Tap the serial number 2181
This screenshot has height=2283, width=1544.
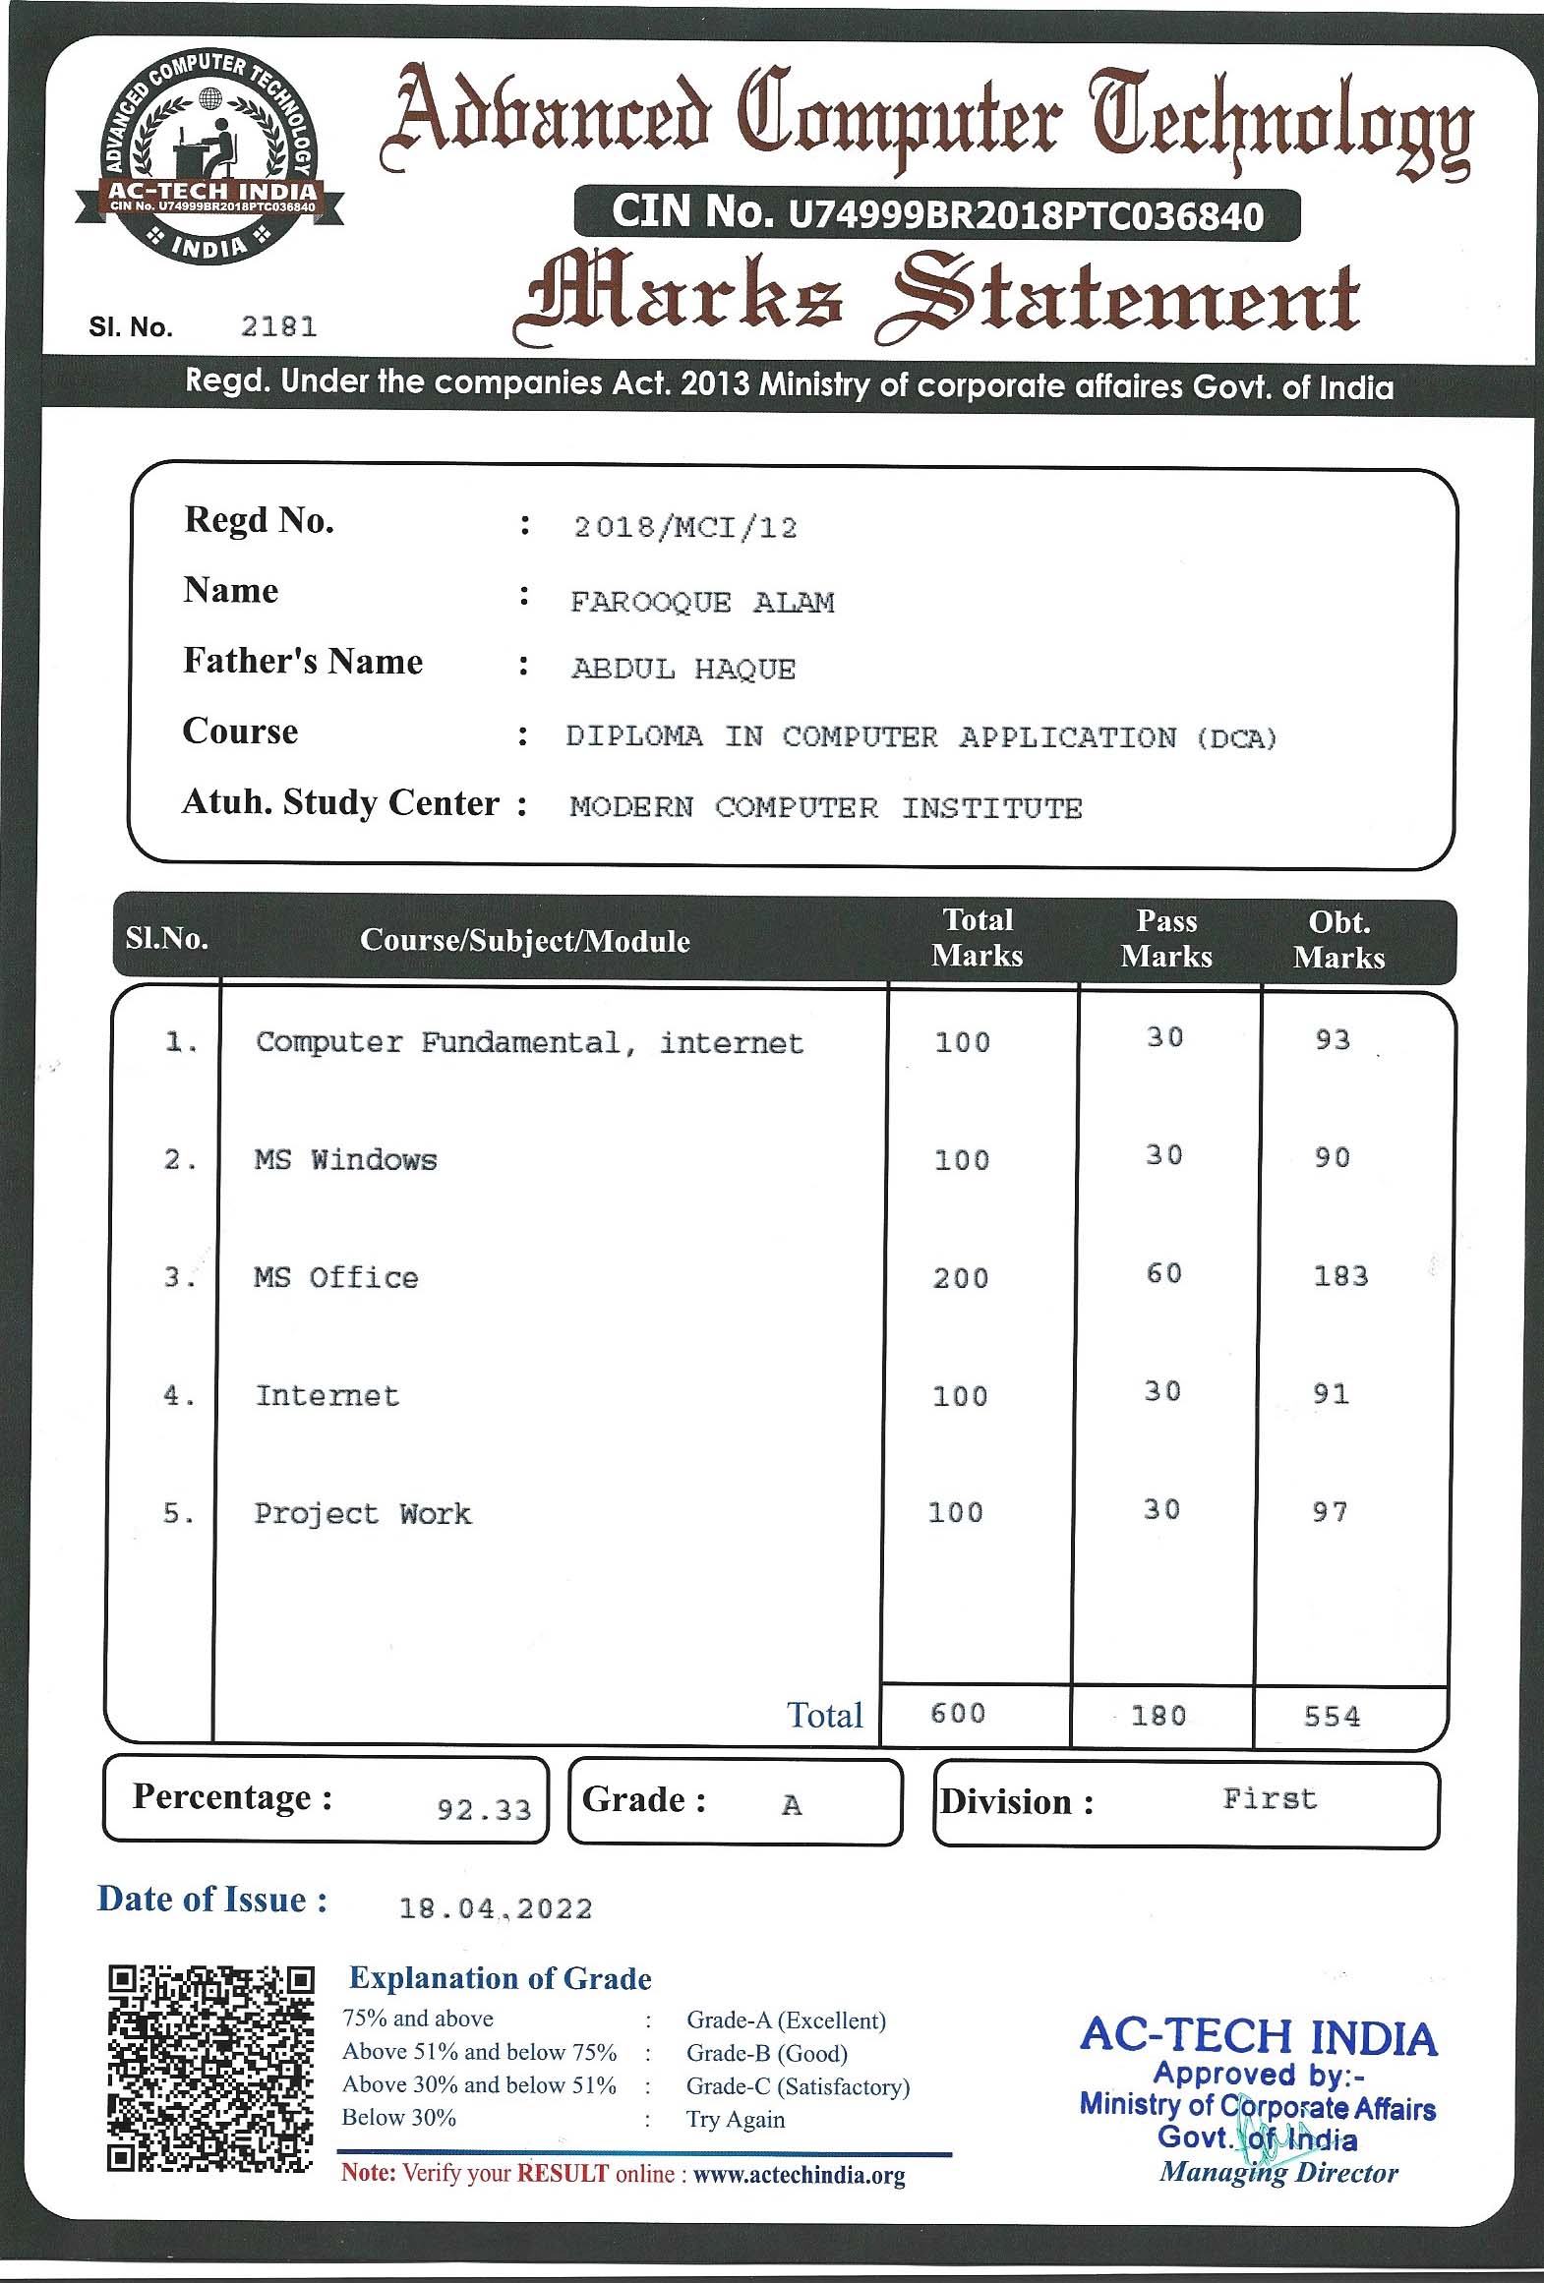point(279,326)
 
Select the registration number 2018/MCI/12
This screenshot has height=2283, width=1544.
point(684,528)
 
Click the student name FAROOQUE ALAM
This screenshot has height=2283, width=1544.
point(702,602)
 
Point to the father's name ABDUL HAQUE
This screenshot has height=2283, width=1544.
point(683,670)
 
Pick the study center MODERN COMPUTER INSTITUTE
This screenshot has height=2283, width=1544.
point(825,808)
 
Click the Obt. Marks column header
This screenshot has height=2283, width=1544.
point(1338,940)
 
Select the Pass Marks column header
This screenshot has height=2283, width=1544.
point(1166,939)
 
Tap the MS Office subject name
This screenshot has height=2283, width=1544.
point(336,1277)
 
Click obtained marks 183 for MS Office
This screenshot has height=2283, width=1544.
point(1340,1276)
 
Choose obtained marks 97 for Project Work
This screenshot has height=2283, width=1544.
point(1330,1512)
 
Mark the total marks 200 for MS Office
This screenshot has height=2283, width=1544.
point(960,1278)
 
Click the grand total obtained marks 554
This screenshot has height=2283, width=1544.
point(1332,1717)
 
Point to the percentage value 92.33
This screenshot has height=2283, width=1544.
point(484,1810)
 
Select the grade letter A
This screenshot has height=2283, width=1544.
point(792,1805)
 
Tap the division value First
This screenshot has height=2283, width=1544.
point(1269,1799)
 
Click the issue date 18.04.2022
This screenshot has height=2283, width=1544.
point(496,1909)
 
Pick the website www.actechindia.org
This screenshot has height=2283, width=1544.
point(799,2175)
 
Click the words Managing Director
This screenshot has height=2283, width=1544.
point(1278,2173)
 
